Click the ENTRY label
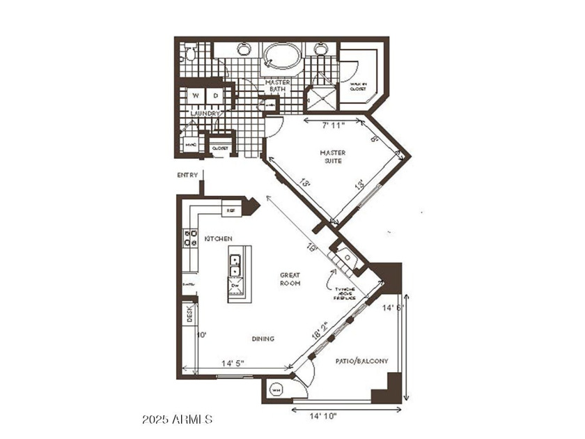pos(188,175)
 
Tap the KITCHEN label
pos(218,239)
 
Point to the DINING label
pos(263,339)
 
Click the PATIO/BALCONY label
pos(361,361)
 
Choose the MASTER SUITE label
pos(332,157)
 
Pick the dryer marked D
pos(216,95)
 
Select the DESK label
pos(189,315)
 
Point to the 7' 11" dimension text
pos(334,126)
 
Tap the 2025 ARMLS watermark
pos(177,419)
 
